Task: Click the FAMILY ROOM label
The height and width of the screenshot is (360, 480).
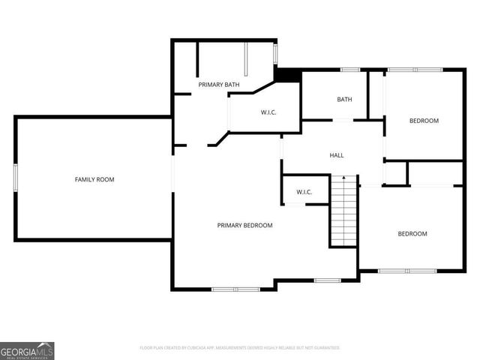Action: (x=94, y=179)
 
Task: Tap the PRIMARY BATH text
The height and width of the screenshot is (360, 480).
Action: (x=219, y=85)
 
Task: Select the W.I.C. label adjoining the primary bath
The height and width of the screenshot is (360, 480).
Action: (x=269, y=112)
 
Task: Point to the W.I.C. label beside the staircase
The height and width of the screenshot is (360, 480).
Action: (x=304, y=192)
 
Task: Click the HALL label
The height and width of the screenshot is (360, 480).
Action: (x=337, y=155)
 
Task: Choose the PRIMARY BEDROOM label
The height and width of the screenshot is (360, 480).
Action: (x=244, y=225)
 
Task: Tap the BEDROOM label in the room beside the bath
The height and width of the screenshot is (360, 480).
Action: (x=424, y=121)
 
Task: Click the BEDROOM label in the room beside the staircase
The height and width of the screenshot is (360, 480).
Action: (x=412, y=234)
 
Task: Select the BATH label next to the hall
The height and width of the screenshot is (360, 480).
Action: (x=344, y=100)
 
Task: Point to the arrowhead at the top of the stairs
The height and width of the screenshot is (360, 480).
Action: (x=343, y=178)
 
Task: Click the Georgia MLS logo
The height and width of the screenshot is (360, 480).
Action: (x=27, y=350)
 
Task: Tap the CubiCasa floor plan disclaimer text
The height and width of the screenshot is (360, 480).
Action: (x=240, y=348)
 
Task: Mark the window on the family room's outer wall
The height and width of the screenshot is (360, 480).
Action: (x=16, y=179)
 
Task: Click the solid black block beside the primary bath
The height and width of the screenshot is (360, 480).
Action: (x=287, y=74)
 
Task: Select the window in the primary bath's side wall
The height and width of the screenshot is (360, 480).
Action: (x=275, y=54)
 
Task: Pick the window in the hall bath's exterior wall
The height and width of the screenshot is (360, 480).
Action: (x=350, y=70)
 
